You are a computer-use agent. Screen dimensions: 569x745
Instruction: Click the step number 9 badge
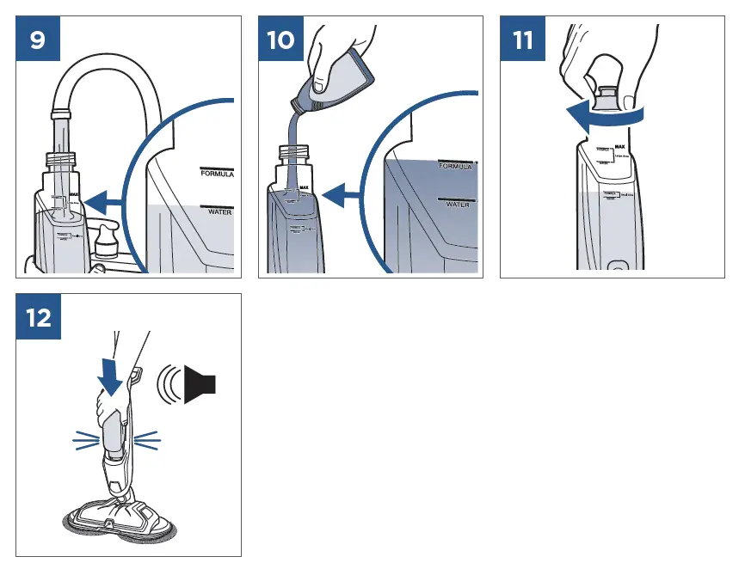point(38,40)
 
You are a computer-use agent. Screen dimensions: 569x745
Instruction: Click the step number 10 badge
point(280,40)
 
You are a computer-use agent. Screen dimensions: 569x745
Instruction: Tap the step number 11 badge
point(522,40)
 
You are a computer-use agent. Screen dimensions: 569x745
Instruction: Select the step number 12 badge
point(38,317)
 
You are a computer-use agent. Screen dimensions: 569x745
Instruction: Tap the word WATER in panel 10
point(458,205)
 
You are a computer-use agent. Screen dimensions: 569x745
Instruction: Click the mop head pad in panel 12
point(120,519)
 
